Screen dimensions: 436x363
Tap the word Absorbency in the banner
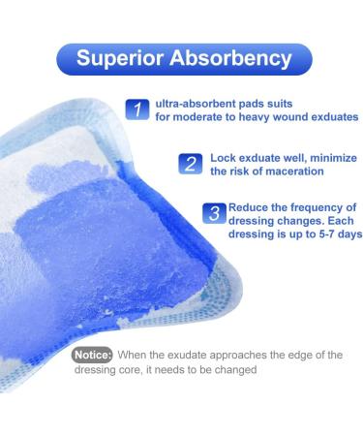(231, 58)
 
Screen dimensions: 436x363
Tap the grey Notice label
(94, 355)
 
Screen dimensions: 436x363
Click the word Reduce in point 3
(251, 207)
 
